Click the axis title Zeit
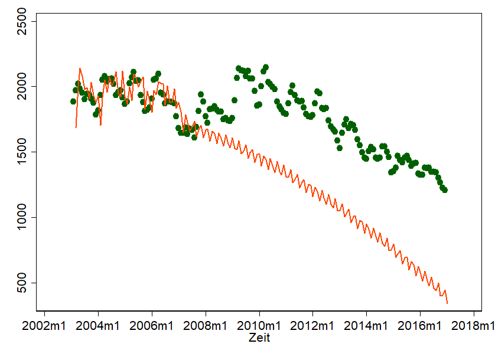click(x=259, y=338)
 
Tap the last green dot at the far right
click(x=445, y=190)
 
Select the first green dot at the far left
click(x=73, y=102)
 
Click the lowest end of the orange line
click(x=447, y=303)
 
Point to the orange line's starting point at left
click(x=76, y=127)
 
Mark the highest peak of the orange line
click(x=79, y=68)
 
